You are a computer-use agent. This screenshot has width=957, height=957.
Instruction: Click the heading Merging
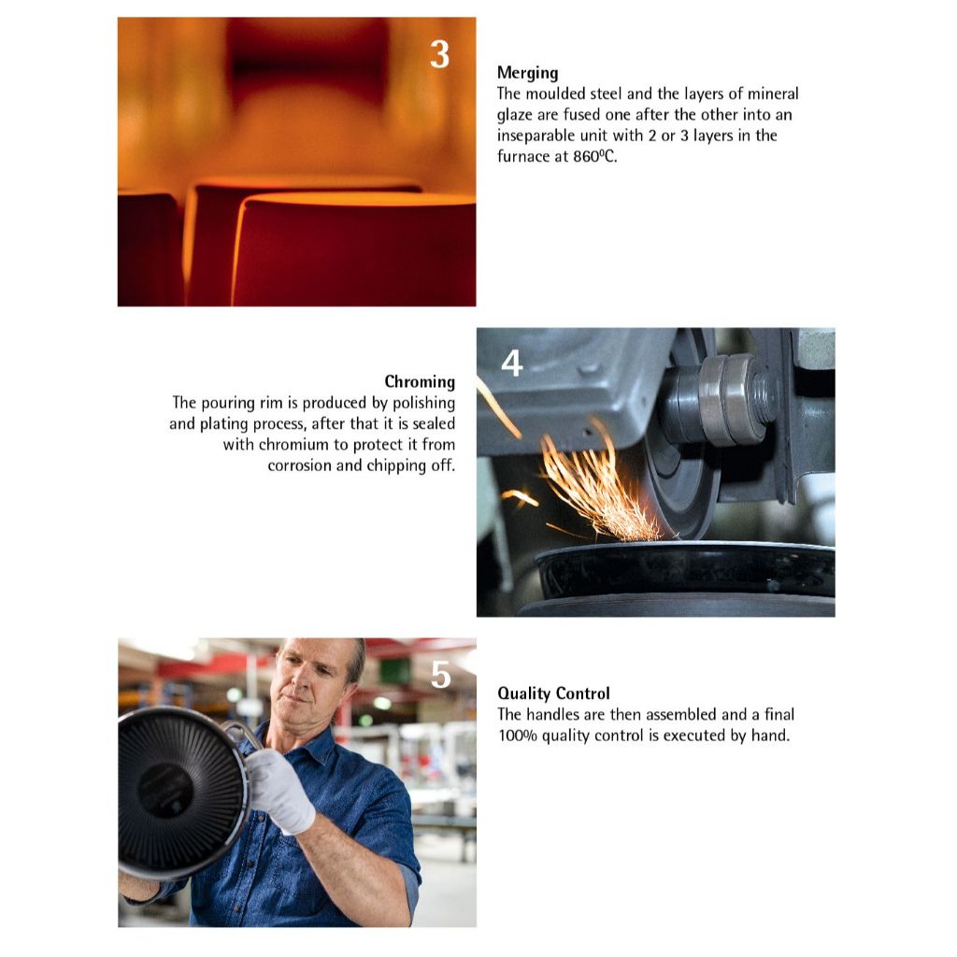pyautogui.click(x=527, y=73)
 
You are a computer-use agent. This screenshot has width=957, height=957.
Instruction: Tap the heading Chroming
pyautogui.click(x=420, y=382)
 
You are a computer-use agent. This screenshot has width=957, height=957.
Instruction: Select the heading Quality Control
pyautogui.click(x=553, y=693)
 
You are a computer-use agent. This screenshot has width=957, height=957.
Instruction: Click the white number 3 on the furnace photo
pyautogui.click(x=439, y=54)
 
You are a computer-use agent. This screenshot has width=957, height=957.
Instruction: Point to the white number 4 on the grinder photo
pyautogui.click(x=511, y=364)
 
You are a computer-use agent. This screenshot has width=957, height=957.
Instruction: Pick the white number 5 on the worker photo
pyautogui.click(x=441, y=675)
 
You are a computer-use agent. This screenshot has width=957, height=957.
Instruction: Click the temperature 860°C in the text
pyautogui.click(x=595, y=156)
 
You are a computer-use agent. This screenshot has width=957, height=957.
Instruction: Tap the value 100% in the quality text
pyautogui.click(x=518, y=736)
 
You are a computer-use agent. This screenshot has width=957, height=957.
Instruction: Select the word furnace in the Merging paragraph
pyautogui.click(x=523, y=156)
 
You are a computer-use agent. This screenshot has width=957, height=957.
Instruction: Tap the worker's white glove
pyautogui.click(x=279, y=790)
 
